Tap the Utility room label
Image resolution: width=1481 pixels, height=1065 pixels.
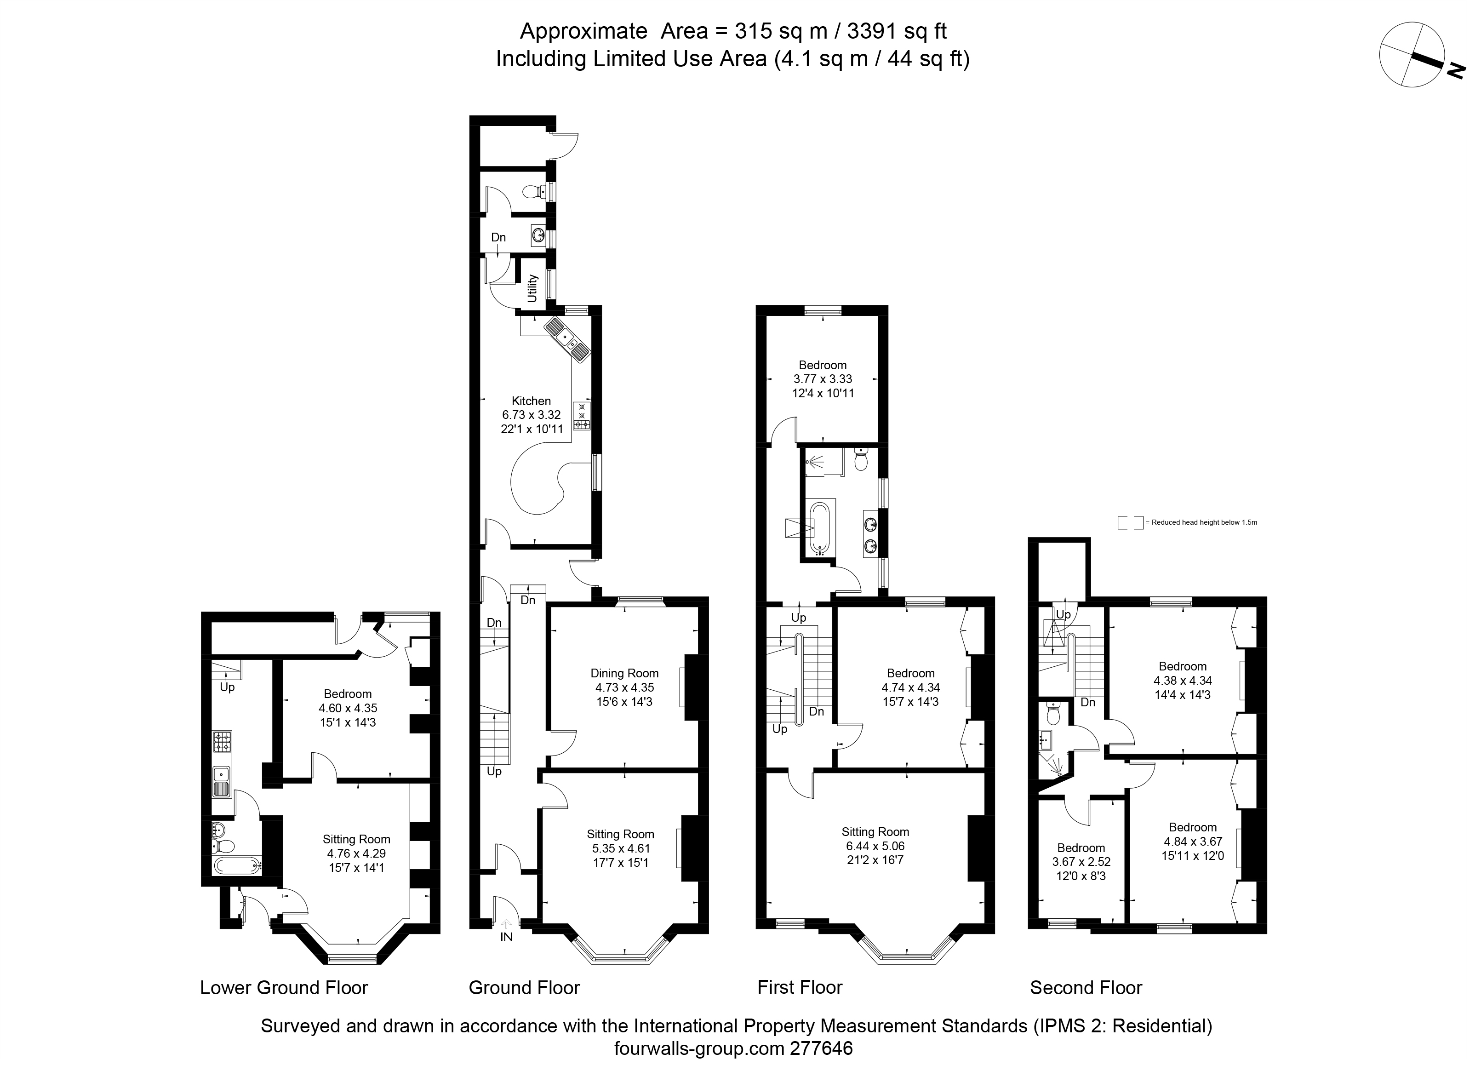coord(532,288)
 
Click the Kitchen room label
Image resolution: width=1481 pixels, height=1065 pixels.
coord(531,401)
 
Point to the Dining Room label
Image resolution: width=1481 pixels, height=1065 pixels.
coord(624,673)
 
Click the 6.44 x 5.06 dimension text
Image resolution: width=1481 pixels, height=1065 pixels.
coord(875,846)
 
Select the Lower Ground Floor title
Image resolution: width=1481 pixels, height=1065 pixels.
coord(284,987)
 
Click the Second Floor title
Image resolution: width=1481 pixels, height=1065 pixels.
coord(1086,987)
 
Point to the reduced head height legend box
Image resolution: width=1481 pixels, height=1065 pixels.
coord(1129,522)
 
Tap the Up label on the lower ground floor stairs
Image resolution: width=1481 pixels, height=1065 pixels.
coord(227,687)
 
